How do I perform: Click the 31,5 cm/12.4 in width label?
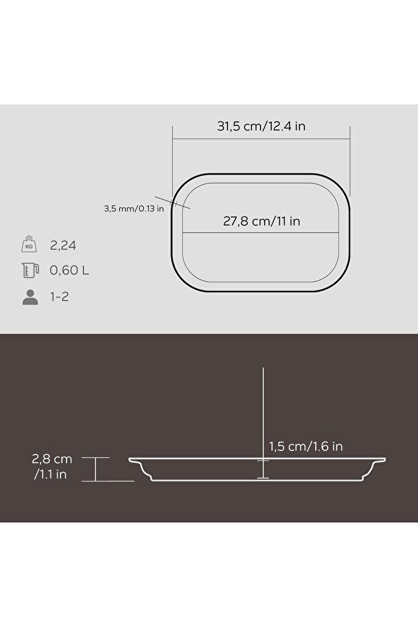coord(262,126)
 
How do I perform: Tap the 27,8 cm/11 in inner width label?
coord(262,220)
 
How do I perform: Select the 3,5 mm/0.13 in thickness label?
coord(134,208)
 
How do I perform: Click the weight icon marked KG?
coord(30,244)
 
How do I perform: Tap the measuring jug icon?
coord(30,271)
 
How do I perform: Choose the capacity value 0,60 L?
coord(69,271)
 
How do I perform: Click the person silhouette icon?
coord(30,297)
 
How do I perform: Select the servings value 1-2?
coord(59,297)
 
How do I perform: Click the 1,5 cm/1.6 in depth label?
coord(306,446)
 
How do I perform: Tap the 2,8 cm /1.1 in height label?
coord(52,467)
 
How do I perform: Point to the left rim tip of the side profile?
coord(131,460)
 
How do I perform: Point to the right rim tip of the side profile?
coord(384,460)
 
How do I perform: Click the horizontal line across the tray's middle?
coord(262,234)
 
